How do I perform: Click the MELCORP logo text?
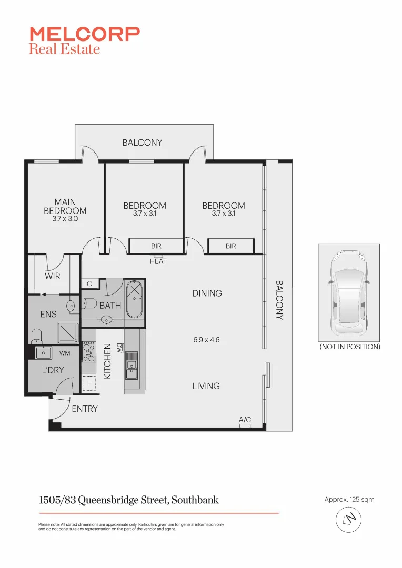click(x=84, y=34)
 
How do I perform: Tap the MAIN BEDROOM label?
click(x=65, y=206)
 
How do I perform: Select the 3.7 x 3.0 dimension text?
click(x=65, y=219)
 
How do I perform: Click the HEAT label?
click(x=158, y=261)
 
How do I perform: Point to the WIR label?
click(x=52, y=276)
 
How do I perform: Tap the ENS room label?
click(x=48, y=315)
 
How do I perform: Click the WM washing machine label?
click(x=65, y=353)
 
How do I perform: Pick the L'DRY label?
click(x=52, y=370)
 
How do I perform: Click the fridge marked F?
click(x=89, y=384)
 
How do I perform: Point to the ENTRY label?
click(x=84, y=409)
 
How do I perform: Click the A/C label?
click(x=245, y=420)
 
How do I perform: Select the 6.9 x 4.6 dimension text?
click(x=206, y=340)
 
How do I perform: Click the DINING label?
click(x=207, y=293)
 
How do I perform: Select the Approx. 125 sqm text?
click(x=349, y=499)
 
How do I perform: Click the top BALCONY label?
click(x=142, y=143)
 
